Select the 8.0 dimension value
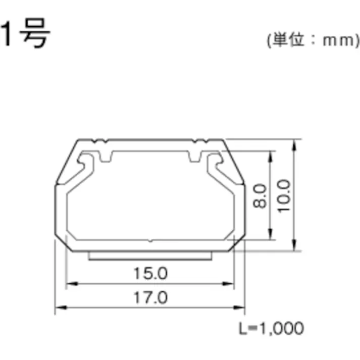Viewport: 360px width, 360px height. (260, 197)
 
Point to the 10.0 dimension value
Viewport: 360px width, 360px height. (284, 196)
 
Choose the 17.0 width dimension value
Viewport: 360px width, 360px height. (150, 297)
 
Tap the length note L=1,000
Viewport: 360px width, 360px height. (271, 329)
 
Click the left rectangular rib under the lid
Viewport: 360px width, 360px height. (106, 158)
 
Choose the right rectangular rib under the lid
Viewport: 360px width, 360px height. (194, 158)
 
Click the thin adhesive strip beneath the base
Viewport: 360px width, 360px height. (149, 256)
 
